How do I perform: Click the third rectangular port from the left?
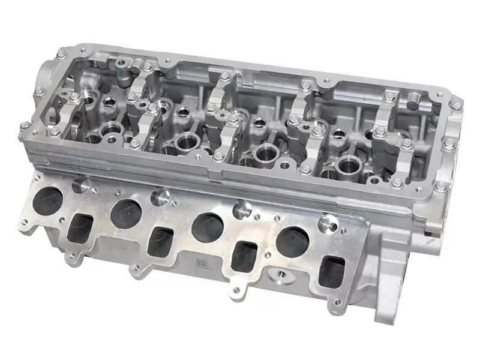244,255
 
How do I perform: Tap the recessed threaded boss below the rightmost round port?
278,276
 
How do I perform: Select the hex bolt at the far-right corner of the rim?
457,106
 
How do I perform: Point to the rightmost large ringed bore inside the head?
348,163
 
